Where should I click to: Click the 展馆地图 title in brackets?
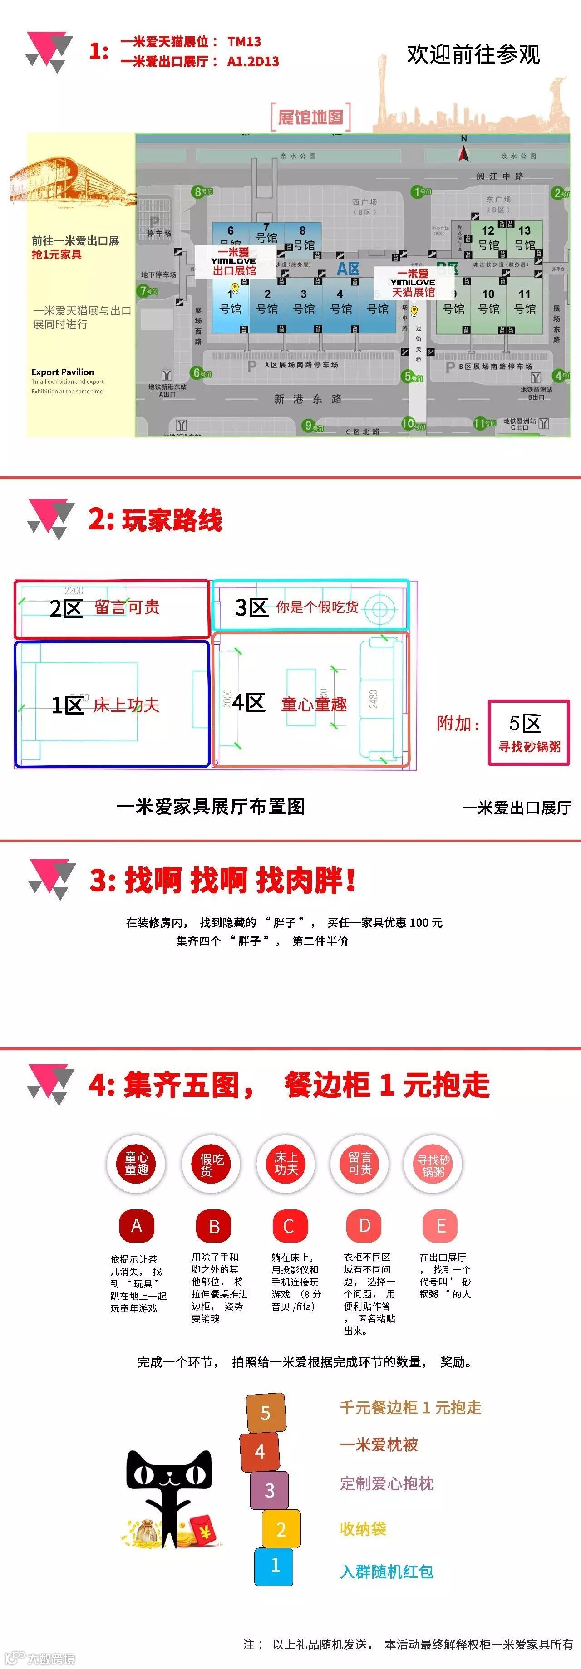click(x=310, y=117)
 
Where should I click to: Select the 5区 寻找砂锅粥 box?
click(x=528, y=732)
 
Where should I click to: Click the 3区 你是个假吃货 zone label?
click(x=296, y=607)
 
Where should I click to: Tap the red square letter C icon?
click(x=289, y=1226)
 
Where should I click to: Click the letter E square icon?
click(x=441, y=1226)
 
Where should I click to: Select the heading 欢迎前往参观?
click(x=473, y=54)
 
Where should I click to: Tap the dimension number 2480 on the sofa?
click(x=374, y=699)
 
